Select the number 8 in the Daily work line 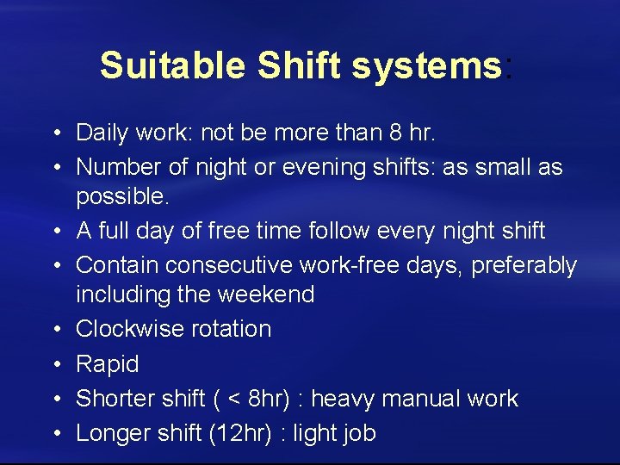[393, 133]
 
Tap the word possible [121, 196]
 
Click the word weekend [268, 294]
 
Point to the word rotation [232, 329]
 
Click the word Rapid [108, 364]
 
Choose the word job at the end [357, 433]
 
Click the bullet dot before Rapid [54, 364]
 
